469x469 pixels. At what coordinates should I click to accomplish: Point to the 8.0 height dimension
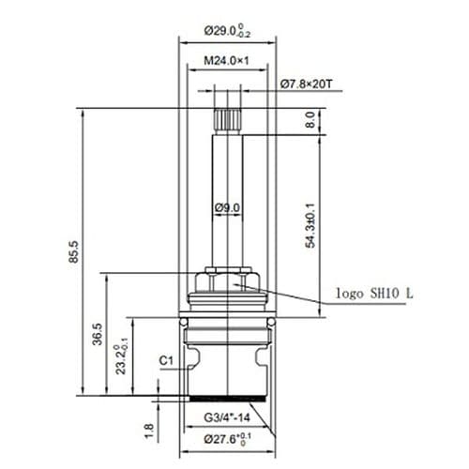309,119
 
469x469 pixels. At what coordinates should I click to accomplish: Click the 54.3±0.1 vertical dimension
310,226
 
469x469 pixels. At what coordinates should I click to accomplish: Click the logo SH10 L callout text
373,294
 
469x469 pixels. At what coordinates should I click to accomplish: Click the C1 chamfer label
166,360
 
